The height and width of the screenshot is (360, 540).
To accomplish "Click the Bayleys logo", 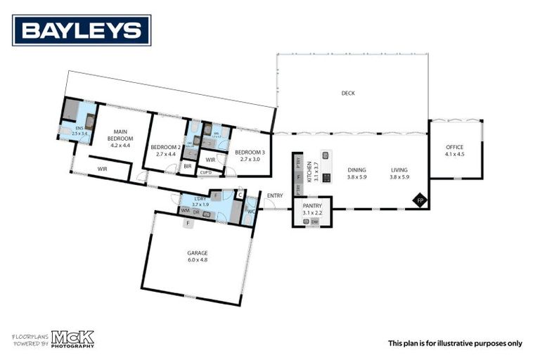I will point(82,30).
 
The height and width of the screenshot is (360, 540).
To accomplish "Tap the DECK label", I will point(348,93).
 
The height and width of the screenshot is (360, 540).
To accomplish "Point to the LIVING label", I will point(399,170).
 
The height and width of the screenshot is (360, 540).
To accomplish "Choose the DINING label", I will point(356,170).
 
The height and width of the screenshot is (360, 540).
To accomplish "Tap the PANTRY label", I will point(311,205).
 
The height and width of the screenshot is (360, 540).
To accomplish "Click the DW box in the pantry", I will point(315,222).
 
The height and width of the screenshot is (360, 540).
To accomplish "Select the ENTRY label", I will point(275,195).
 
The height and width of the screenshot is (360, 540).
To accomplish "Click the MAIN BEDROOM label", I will point(120,134).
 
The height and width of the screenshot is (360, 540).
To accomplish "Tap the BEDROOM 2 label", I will point(166,147).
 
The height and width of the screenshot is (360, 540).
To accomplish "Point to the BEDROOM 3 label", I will point(250,152).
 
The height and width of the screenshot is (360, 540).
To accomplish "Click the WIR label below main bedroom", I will point(102,169).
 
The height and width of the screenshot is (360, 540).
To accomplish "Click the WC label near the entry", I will point(251,210).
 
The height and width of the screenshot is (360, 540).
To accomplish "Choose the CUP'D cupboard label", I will point(206,172).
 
